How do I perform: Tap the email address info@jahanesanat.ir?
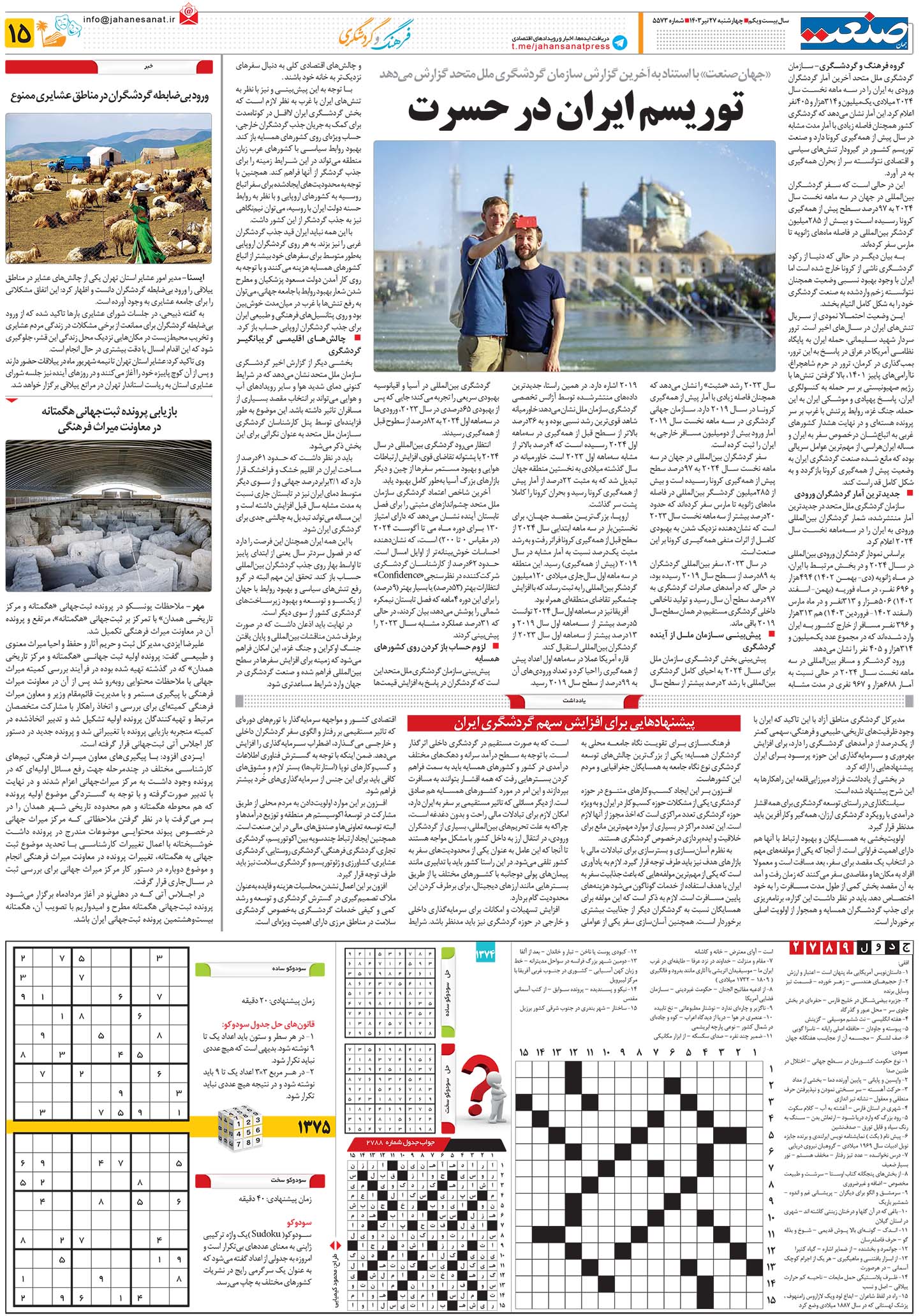[x=128, y=19]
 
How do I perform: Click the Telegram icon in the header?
[x=618, y=43]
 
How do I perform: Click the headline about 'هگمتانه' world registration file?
[x=109, y=419]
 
